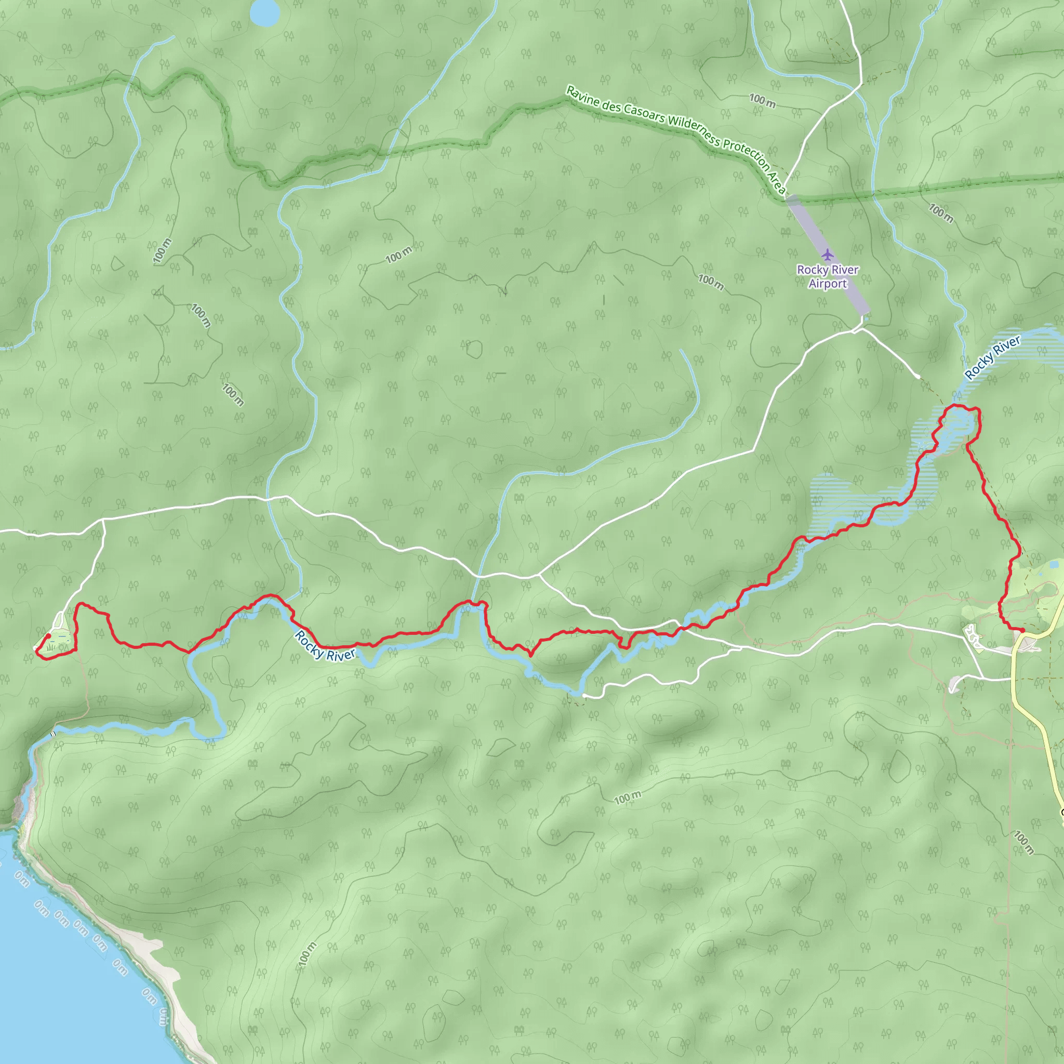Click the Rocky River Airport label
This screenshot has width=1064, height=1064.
click(x=827, y=276)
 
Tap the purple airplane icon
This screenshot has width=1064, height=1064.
click(x=827, y=255)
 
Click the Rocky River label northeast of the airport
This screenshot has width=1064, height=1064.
click(x=993, y=357)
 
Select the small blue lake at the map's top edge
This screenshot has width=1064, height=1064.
click(x=264, y=12)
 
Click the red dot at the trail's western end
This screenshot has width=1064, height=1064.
click(x=48, y=636)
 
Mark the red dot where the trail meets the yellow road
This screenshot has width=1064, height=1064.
click(x=1022, y=630)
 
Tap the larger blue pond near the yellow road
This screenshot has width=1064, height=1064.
click(x=1054, y=565)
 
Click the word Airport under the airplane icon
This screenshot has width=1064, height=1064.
click(x=827, y=284)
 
